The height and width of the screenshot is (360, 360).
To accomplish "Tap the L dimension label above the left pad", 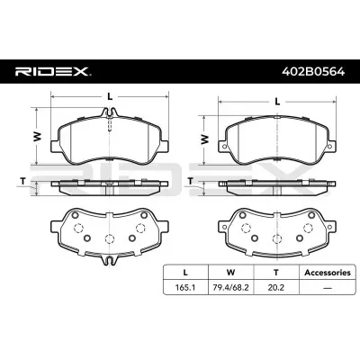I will [x=109, y=94].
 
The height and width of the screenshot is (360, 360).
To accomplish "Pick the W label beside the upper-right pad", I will [x=206, y=139].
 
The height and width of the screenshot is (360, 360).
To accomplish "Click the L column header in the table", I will [x=185, y=272].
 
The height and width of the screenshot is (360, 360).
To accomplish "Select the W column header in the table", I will [x=231, y=272].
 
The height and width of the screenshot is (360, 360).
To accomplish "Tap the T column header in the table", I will [x=277, y=272].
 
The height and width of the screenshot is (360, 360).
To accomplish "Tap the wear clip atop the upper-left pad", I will [x=109, y=112].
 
